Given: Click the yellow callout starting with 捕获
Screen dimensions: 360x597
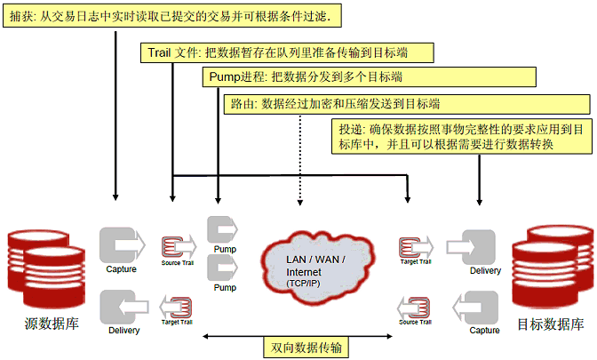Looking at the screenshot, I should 169,17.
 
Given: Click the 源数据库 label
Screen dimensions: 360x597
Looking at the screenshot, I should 51,324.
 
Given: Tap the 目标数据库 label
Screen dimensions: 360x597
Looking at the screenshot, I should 550,324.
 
